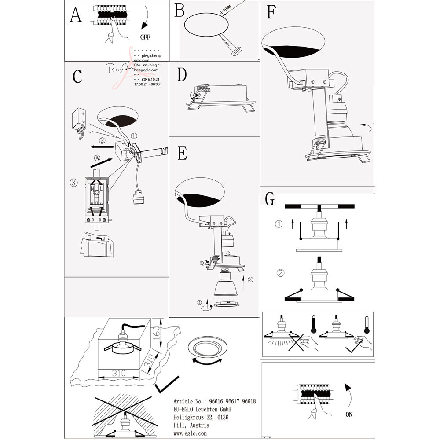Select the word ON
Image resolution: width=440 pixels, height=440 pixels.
pos(349,414)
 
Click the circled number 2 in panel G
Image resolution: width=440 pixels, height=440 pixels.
pos(280,272)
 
